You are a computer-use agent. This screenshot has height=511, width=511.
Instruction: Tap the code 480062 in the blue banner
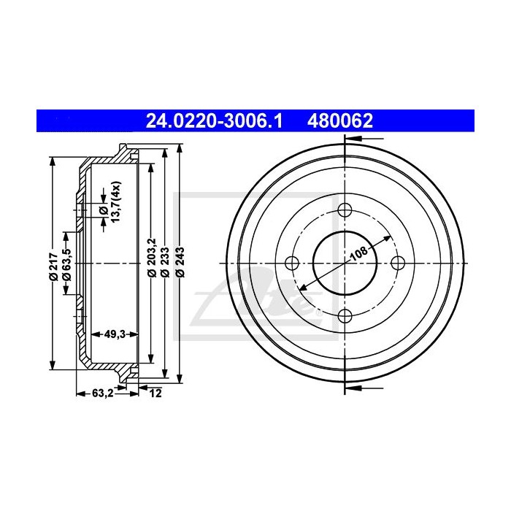tap(342, 119)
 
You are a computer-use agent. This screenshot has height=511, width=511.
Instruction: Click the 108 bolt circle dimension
tap(358, 255)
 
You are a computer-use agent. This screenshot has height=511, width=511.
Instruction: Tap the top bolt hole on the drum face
tap(345, 212)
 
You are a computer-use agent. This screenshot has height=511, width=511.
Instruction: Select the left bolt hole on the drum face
tap(292, 264)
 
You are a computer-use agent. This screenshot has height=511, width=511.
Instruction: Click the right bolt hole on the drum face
tap(398, 264)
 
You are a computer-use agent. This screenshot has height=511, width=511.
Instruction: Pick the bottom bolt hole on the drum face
tap(345, 316)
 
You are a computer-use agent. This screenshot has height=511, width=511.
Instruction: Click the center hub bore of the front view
tap(332, 274)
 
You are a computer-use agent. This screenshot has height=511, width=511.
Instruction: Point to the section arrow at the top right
tap(361, 137)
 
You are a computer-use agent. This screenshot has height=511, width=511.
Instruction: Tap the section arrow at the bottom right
tap(361, 389)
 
